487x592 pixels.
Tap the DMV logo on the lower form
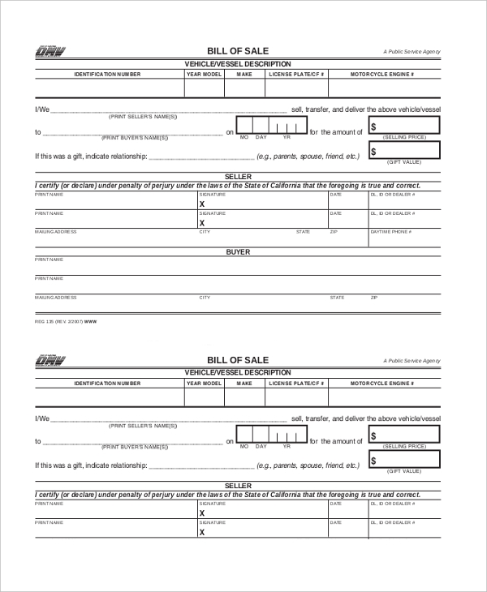[50, 361]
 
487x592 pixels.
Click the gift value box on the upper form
[404, 150]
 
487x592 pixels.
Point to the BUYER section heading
[237, 252]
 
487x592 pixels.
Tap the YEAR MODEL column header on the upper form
[204, 74]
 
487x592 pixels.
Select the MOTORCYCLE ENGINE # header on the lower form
[382, 383]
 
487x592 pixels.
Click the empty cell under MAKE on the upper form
[244, 88]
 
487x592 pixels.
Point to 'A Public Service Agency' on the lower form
[412, 360]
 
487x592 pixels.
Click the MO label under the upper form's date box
[243, 137]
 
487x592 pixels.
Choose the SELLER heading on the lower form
[238, 485]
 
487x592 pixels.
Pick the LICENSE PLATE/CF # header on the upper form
[297, 74]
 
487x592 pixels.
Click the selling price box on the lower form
[404, 435]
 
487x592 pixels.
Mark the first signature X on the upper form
[202, 204]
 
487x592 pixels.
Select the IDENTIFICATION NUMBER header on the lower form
[107, 383]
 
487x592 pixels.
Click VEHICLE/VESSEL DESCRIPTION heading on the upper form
[238, 64]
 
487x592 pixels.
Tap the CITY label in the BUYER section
[205, 298]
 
